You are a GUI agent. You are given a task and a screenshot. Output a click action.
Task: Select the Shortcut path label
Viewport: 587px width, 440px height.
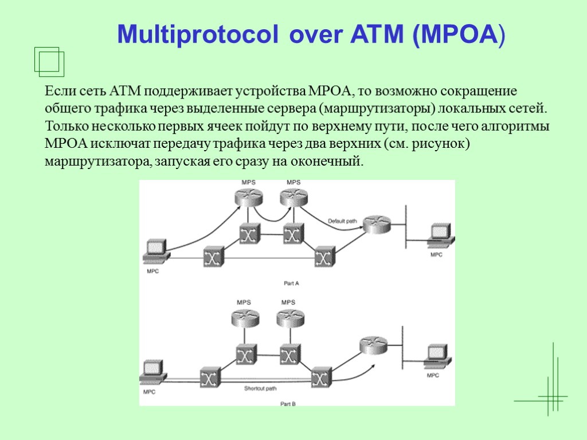click(x=260, y=388)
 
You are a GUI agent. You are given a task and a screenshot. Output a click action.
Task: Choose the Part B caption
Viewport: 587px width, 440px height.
click(x=288, y=404)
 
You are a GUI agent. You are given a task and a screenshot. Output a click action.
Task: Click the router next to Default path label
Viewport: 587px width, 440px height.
click(x=376, y=223)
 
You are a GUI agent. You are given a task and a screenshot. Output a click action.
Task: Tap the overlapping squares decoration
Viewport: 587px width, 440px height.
click(x=49, y=61)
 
